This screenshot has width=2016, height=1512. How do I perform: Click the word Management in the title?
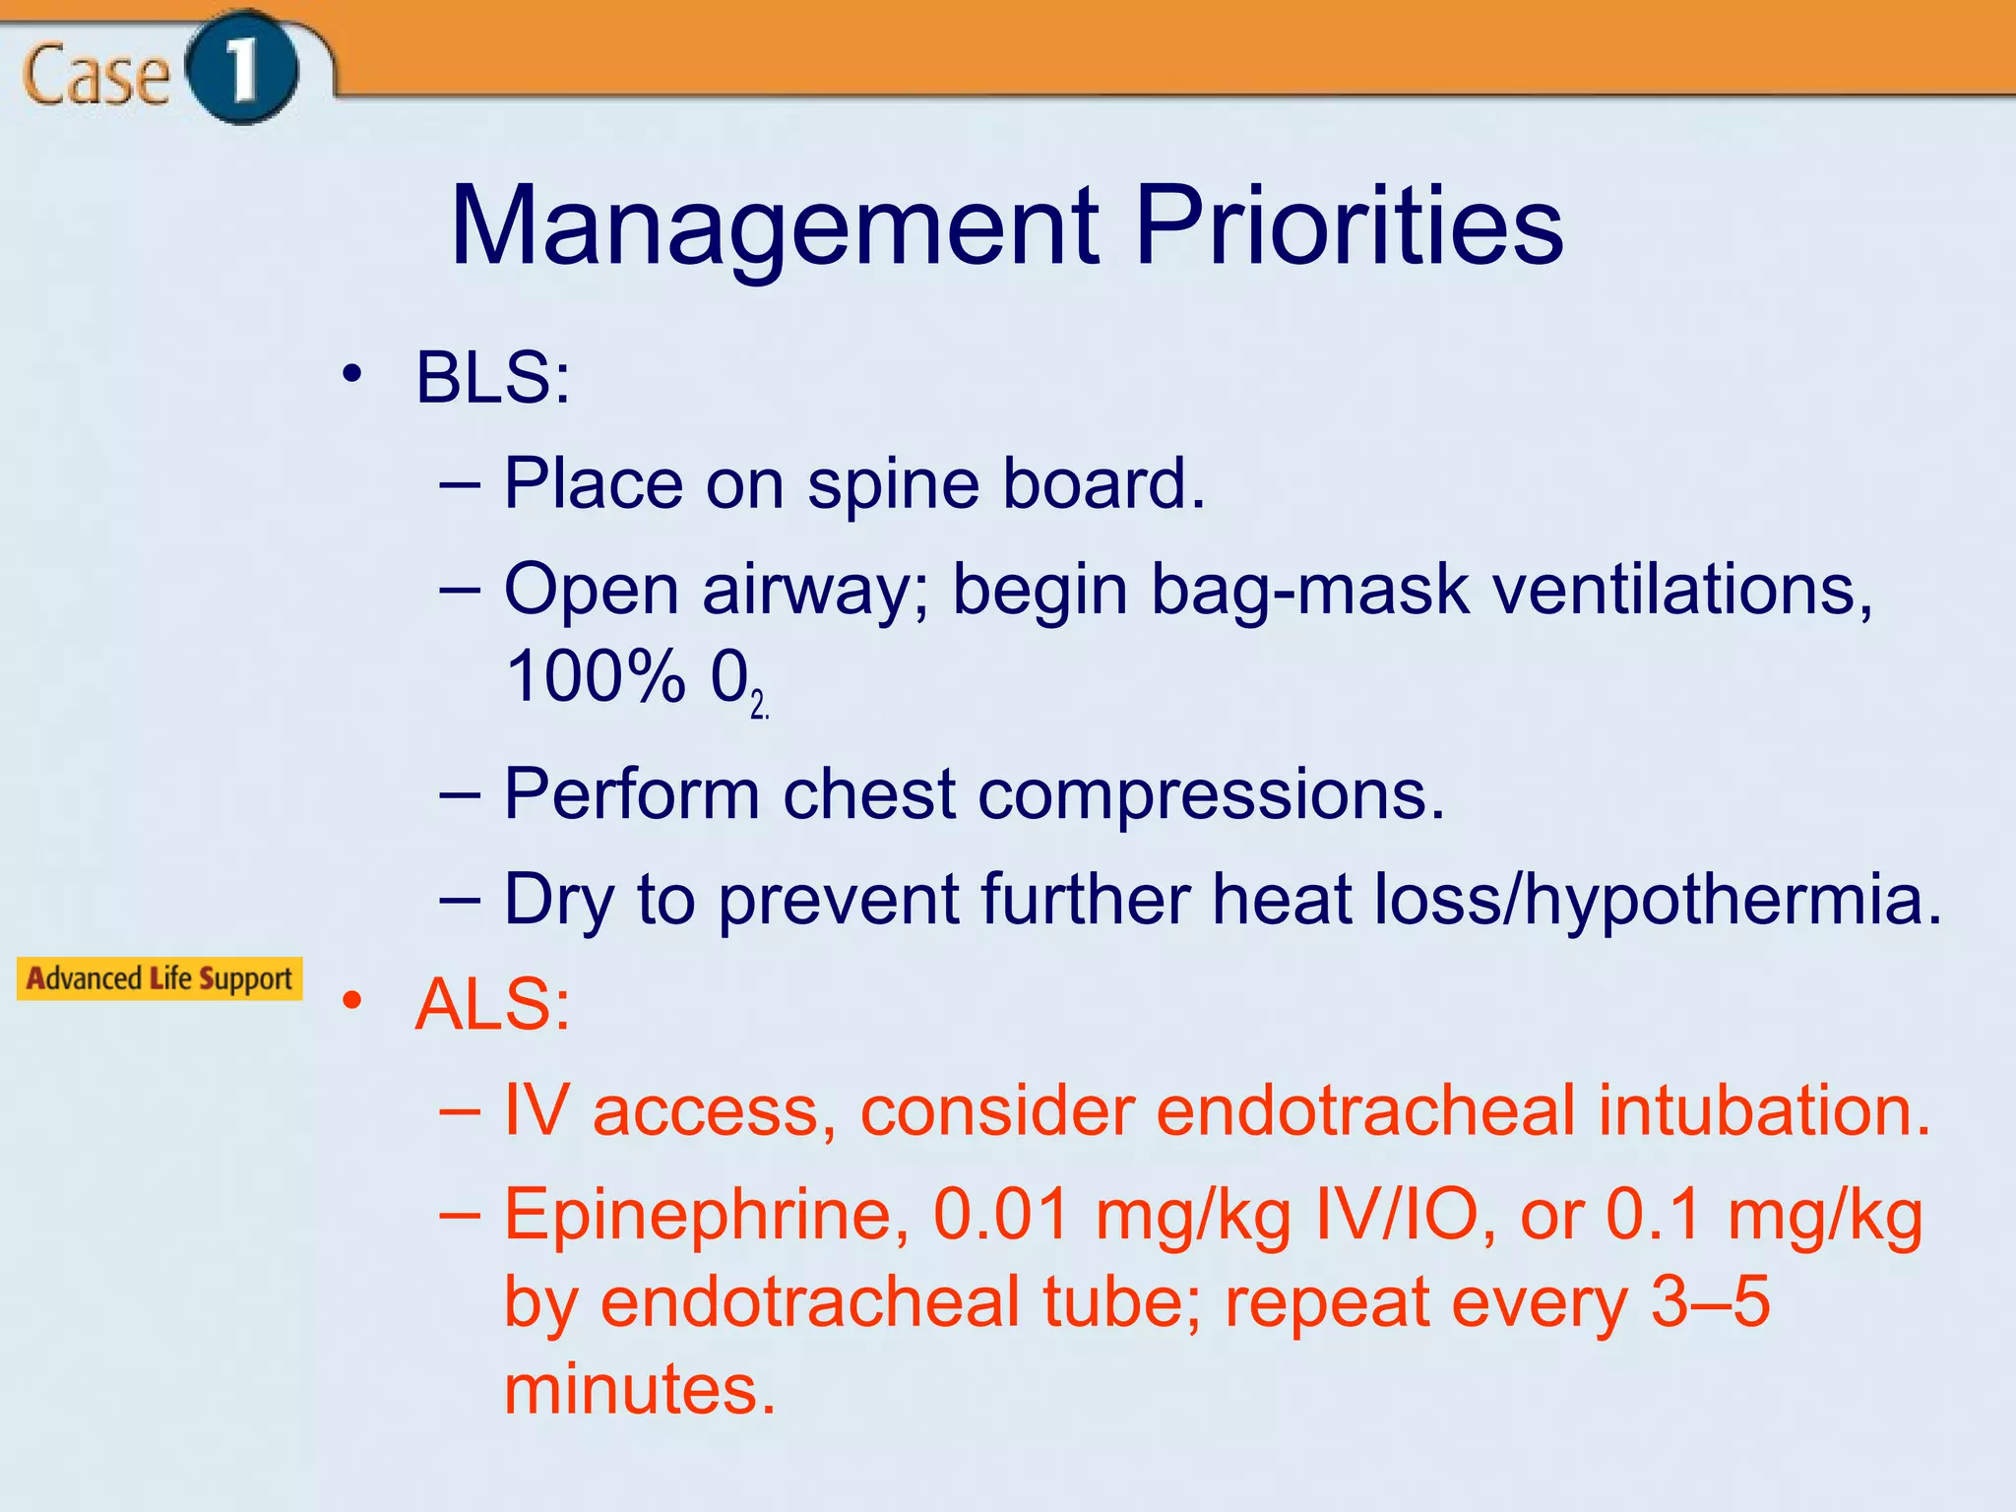[774, 228]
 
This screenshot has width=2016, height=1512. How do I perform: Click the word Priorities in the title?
[1349, 228]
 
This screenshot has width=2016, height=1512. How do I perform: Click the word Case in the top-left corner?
[95, 76]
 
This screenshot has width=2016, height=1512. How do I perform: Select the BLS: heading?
[492, 378]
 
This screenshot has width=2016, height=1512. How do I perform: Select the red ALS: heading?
[492, 1006]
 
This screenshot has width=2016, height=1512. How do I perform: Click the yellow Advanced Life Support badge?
[159, 978]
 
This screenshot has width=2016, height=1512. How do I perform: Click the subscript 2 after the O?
[757, 705]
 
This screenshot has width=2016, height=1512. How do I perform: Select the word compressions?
[1211, 794]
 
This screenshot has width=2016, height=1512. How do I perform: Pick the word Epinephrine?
[706, 1215]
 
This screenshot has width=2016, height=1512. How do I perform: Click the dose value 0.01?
[1001, 1215]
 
